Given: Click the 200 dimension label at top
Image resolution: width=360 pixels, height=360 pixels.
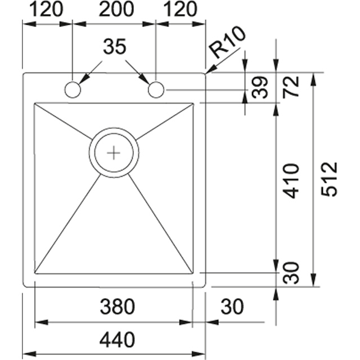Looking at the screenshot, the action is (116, 10).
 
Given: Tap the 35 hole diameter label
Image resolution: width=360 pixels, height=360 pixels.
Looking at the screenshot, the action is (115, 46).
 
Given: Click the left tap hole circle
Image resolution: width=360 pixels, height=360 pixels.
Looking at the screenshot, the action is (73, 89).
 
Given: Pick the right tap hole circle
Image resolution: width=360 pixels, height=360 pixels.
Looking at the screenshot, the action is (156, 89).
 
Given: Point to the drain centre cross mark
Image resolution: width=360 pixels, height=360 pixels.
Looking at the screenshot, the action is (114, 153).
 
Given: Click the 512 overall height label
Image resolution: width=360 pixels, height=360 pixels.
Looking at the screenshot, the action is (330, 179).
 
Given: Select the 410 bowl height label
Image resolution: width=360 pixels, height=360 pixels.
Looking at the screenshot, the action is (291, 181).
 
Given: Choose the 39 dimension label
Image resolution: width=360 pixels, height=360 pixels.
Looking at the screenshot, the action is (260, 88).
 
